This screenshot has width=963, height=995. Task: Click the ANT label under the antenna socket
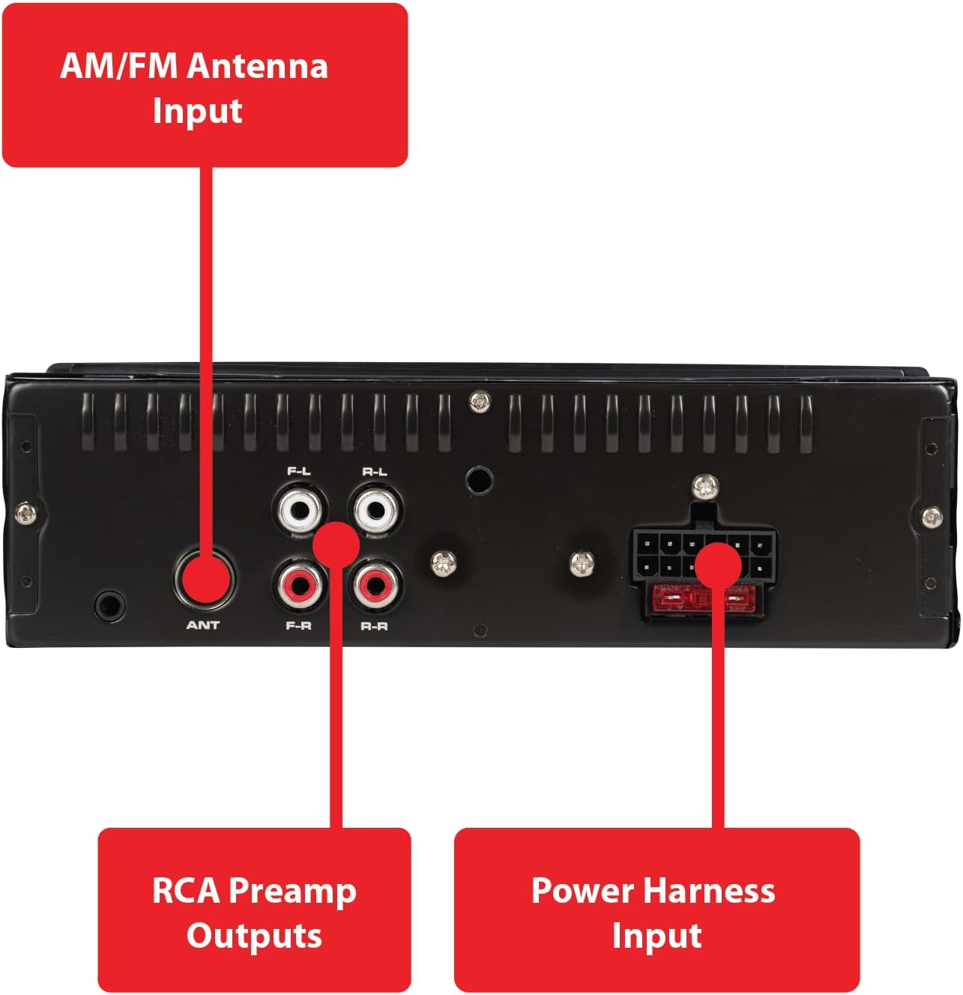[x=202, y=625]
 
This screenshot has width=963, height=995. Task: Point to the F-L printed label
[x=299, y=472]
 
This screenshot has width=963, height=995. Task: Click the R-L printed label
[x=375, y=472]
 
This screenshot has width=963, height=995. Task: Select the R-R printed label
[x=375, y=625]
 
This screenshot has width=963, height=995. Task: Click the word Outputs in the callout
[x=254, y=936]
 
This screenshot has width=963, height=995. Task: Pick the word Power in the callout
[x=582, y=891]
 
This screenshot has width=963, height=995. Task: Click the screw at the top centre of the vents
[x=480, y=403]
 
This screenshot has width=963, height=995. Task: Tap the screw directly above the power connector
[x=704, y=487]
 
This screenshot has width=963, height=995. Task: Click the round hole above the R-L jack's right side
[x=477, y=481]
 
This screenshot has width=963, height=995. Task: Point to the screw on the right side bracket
[x=932, y=517]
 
